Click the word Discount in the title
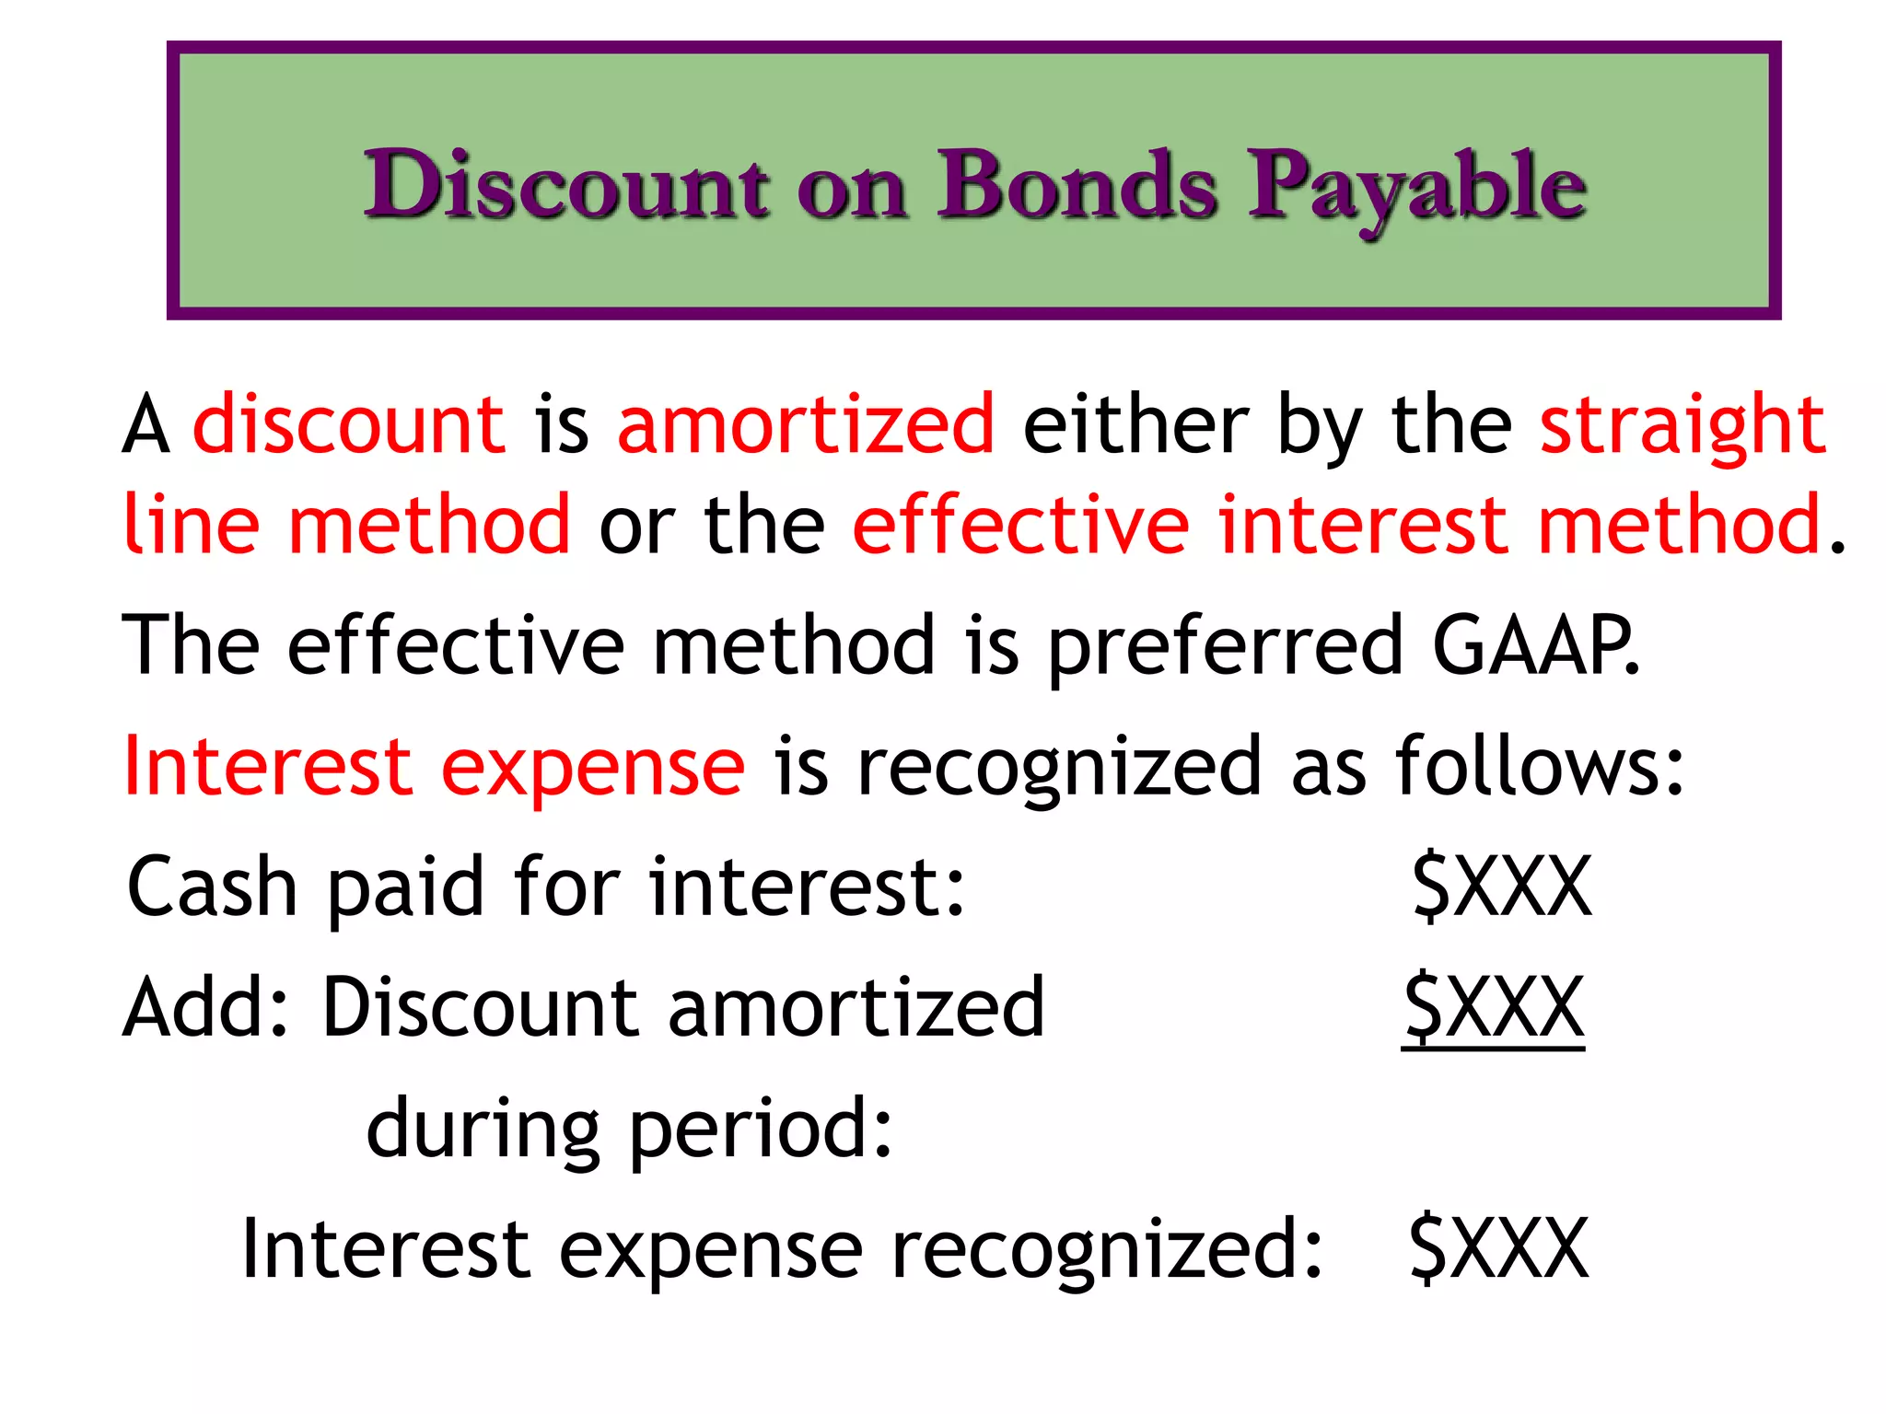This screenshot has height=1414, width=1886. click(565, 186)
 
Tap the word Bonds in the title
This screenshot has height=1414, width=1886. click(1077, 186)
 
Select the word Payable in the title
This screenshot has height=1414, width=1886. click(1416, 189)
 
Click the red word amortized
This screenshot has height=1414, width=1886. click(806, 424)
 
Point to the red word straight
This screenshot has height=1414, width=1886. click(1682, 424)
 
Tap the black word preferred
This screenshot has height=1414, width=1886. click(1226, 647)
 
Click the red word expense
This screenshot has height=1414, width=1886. click(592, 769)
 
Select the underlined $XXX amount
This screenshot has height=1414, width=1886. click(1494, 1007)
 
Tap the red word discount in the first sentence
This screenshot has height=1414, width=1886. click(349, 424)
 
